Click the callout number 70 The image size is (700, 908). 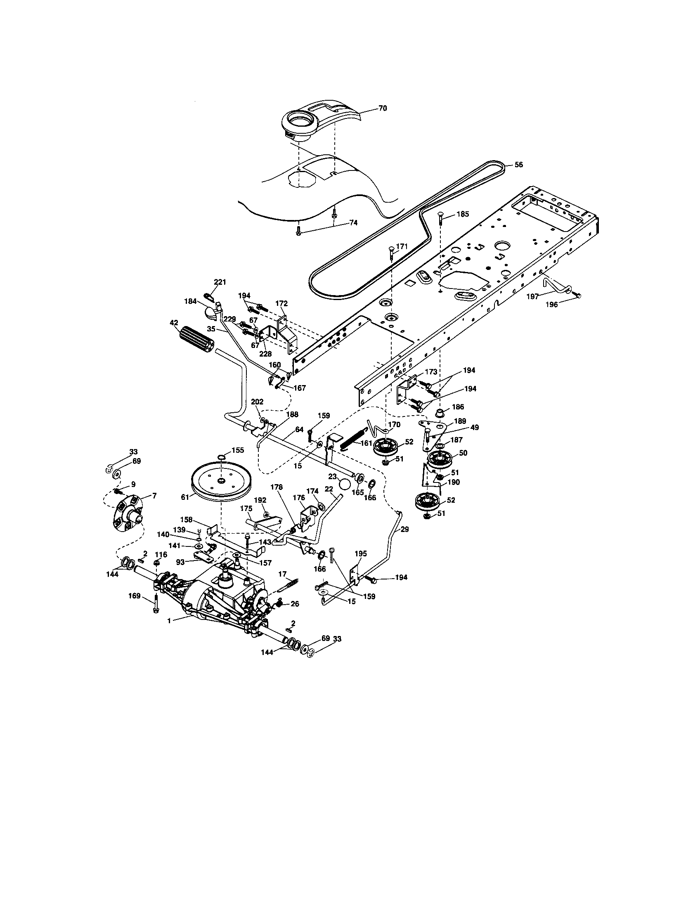382,108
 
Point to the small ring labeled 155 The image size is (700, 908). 222,457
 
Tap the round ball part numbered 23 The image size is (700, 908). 345,485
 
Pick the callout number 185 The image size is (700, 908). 462,214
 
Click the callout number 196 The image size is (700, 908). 563,304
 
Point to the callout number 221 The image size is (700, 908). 220,282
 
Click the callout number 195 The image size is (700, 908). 360,554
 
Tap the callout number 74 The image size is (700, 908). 353,222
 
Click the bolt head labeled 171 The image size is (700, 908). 391,249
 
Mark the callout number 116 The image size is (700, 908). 161,555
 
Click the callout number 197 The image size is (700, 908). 532,296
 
